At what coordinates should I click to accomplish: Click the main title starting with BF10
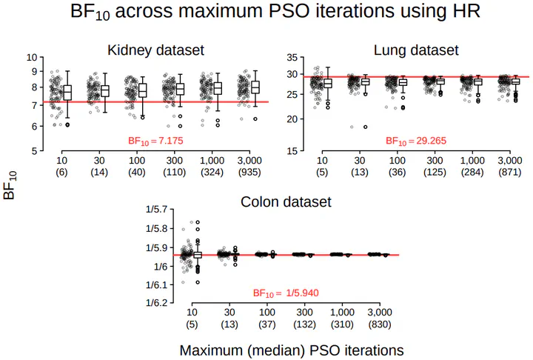coord(266,13)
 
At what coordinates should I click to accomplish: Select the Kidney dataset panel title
coord(155,50)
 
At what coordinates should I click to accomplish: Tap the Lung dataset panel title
coord(415,50)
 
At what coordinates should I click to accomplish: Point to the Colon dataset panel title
coord(286,201)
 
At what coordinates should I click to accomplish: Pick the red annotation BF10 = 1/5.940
coord(286,293)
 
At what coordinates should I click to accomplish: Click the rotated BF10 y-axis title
coord(10,185)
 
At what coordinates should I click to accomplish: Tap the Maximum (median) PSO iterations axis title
coord(292,349)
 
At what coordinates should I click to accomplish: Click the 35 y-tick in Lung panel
coord(291,57)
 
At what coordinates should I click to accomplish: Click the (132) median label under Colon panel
coord(306,324)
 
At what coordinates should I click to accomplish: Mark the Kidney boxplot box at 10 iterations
coord(67,93)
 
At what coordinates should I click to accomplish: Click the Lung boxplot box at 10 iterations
coord(327,83)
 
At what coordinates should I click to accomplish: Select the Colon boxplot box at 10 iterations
coord(197,255)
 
